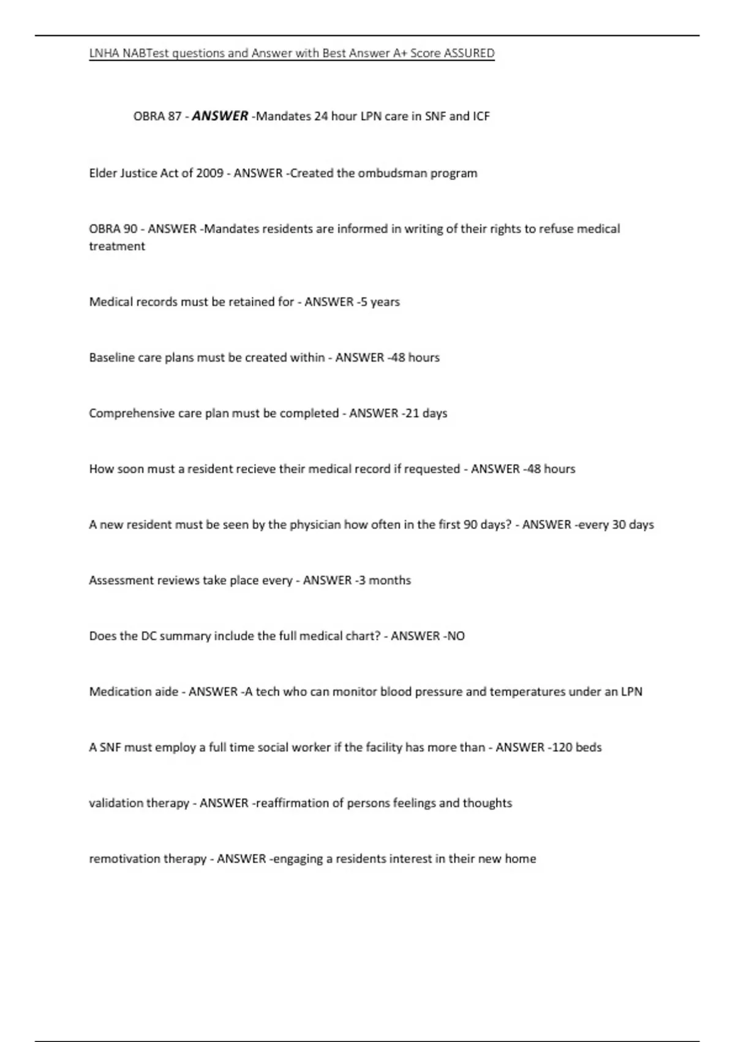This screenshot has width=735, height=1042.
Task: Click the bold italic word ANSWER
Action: (x=220, y=116)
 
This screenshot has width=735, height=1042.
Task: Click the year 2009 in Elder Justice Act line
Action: (x=209, y=173)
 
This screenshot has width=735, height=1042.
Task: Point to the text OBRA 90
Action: (x=113, y=229)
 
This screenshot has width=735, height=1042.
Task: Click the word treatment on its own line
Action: (x=117, y=246)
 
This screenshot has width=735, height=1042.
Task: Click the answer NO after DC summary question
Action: (x=456, y=636)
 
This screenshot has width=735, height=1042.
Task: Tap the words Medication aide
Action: (x=134, y=692)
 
